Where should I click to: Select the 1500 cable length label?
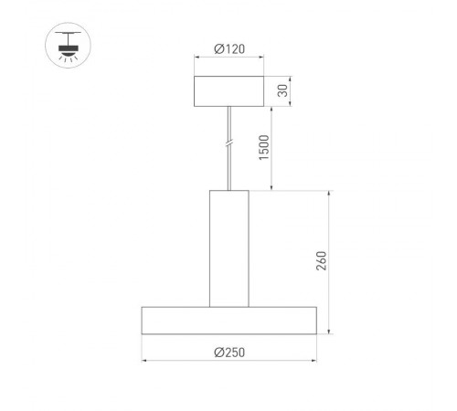pyautogui.click(x=265, y=146)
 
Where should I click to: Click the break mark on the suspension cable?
pyautogui.click(x=228, y=143)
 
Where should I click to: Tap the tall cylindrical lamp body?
pyautogui.click(x=228, y=247)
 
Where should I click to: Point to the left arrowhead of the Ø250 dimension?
pyautogui.click(x=144, y=360)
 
